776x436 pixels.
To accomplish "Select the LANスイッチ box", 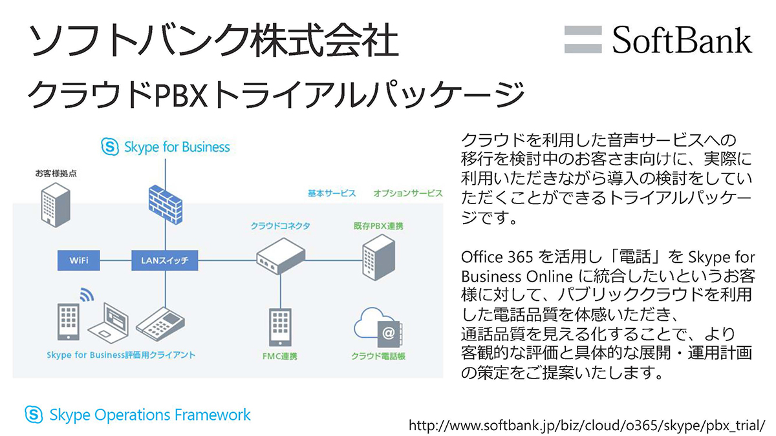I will pyautogui.click(x=165, y=261).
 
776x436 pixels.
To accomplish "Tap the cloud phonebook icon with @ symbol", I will pyautogui.click(x=379, y=329).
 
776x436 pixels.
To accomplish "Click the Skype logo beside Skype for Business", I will pyautogui.click(x=110, y=147).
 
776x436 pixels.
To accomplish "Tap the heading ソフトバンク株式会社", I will pyautogui.click(x=213, y=42).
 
